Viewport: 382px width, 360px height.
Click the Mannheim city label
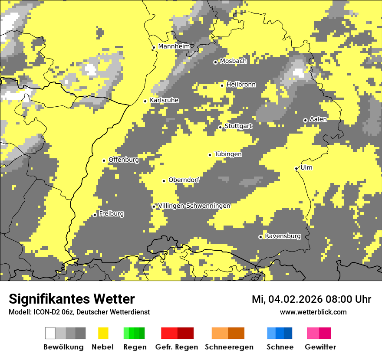(174, 46)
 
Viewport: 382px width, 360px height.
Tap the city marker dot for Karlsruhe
(145, 101)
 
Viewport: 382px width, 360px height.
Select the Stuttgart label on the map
(238, 126)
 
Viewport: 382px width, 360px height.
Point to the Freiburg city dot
(95, 215)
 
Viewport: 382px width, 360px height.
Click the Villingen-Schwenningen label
(194, 206)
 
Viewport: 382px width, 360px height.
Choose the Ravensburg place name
(283, 236)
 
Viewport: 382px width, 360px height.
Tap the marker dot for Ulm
(296, 168)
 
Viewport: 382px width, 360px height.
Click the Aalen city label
(318, 119)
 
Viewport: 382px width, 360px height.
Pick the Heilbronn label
(241, 85)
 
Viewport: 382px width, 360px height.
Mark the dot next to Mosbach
(215, 62)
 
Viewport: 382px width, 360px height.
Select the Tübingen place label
(228, 154)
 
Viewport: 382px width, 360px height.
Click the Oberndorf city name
(184, 180)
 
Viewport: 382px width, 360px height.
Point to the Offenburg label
(124, 160)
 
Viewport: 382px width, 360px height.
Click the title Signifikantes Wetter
(72, 299)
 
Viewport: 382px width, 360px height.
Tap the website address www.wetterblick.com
(313, 312)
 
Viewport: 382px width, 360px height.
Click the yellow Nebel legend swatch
(103, 333)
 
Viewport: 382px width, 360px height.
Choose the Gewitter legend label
(320, 347)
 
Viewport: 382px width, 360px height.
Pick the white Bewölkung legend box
(50, 333)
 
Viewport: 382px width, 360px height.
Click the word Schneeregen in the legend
(229, 347)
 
